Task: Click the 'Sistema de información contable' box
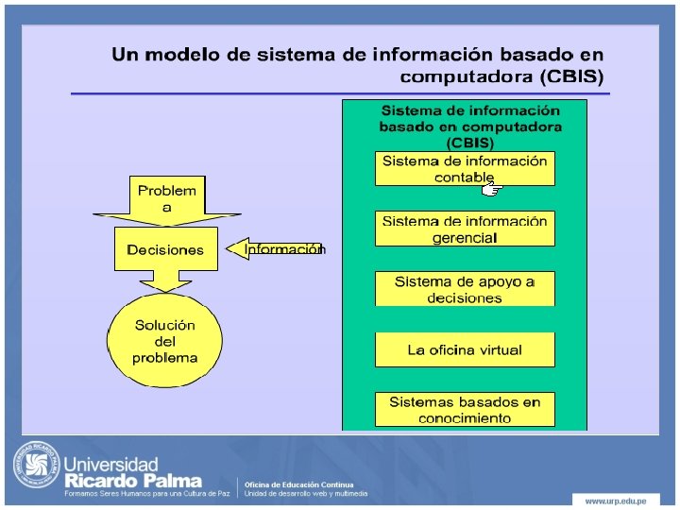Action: [x=465, y=168]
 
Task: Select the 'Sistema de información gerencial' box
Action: [x=465, y=229]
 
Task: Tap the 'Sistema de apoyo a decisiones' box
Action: [x=465, y=289]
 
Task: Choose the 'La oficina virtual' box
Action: [x=465, y=349]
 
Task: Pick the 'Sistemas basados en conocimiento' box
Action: [x=465, y=410]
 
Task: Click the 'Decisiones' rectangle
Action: [x=165, y=249]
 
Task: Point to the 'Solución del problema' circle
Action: [x=165, y=341]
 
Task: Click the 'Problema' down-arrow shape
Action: [x=167, y=199]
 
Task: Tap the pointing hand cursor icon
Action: [x=490, y=190]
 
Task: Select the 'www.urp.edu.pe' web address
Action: [x=615, y=499]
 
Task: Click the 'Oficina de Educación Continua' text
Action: [x=299, y=484]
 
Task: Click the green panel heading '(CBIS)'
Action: [x=469, y=143]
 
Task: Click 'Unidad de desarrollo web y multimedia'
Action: [x=307, y=493]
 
